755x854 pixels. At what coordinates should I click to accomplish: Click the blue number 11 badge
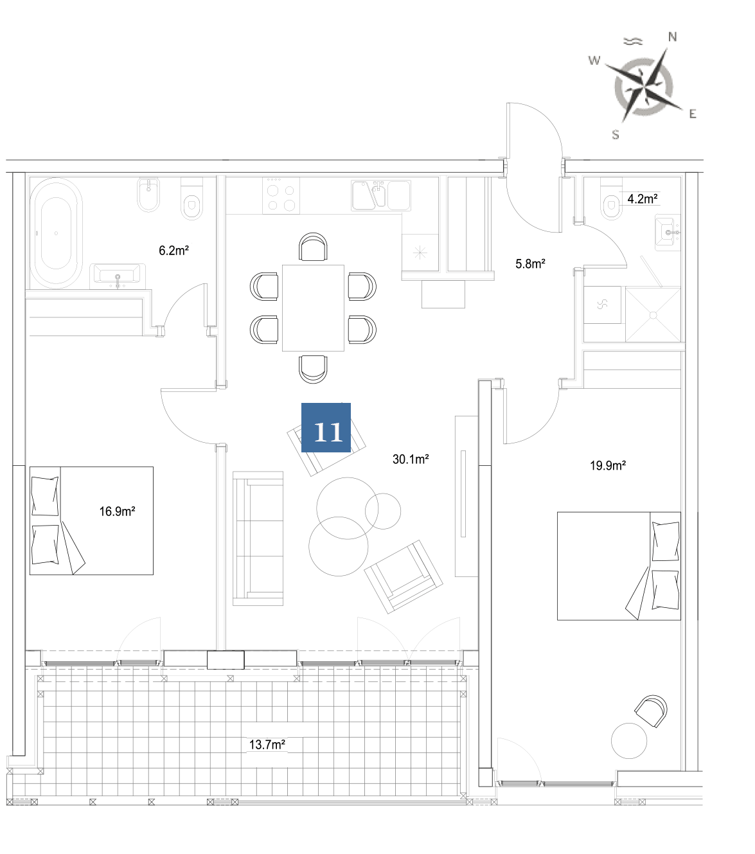(x=326, y=427)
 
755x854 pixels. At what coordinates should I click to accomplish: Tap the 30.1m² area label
(x=411, y=459)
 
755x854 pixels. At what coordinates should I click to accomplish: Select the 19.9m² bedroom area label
(x=607, y=465)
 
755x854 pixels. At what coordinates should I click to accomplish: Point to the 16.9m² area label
(x=117, y=512)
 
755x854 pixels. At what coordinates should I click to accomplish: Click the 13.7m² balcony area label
(x=267, y=744)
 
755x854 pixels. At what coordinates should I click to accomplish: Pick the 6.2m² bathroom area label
(x=173, y=251)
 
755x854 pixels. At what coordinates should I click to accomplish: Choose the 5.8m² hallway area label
(x=530, y=264)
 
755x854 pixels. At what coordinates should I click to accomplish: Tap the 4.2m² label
(x=643, y=199)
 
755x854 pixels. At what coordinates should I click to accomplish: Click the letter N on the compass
(x=672, y=37)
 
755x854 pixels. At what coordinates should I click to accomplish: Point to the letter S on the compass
(x=616, y=135)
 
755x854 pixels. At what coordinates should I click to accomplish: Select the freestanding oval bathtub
(x=56, y=233)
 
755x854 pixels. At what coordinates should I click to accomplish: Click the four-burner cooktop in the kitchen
(x=281, y=195)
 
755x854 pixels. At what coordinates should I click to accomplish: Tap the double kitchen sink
(x=381, y=195)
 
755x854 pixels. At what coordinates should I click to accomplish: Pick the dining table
(x=313, y=308)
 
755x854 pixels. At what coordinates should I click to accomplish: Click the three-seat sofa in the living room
(x=258, y=538)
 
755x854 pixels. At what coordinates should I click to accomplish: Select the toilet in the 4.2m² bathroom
(x=611, y=199)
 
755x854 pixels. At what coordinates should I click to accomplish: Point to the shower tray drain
(x=653, y=316)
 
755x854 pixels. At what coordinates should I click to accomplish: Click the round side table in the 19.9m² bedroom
(x=628, y=741)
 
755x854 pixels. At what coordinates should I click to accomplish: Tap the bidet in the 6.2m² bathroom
(x=148, y=194)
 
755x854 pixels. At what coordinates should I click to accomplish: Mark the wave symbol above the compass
(x=633, y=41)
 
